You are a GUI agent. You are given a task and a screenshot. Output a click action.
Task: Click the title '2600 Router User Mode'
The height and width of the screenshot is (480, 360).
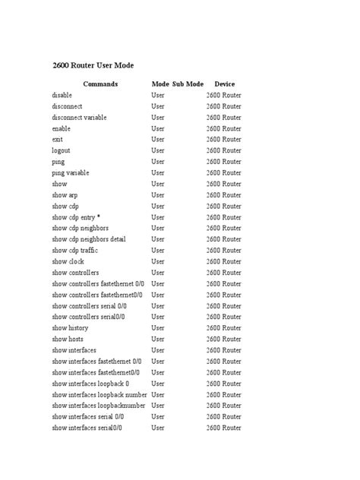coord(93,65)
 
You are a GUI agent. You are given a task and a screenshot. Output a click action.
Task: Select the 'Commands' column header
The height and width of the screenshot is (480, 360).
coord(100,84)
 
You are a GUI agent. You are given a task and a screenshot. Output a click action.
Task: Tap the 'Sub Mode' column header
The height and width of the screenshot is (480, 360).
coord(188,84)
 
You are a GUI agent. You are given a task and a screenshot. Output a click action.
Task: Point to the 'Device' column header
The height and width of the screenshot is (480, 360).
coord(225,84)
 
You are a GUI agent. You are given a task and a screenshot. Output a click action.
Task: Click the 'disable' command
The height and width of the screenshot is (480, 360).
coord(63,96)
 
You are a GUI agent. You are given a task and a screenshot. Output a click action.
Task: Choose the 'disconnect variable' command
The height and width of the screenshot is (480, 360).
coord(80,118)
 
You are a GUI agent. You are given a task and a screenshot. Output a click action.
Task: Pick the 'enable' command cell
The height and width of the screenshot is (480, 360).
coord(62,129)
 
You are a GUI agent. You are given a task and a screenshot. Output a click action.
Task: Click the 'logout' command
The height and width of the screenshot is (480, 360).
coord(62,150)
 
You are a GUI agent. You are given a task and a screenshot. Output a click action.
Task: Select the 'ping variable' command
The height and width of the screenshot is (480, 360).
coord(71,173)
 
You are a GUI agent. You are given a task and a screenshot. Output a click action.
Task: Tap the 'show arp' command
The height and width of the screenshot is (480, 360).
coord(65,195)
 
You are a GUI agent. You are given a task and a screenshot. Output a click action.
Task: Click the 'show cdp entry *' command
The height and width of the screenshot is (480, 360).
coord(76,217)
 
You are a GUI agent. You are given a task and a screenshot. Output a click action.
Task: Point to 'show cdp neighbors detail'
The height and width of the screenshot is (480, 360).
coord(89,239)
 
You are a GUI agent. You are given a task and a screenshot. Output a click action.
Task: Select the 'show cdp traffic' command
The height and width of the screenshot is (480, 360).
coord(75,251)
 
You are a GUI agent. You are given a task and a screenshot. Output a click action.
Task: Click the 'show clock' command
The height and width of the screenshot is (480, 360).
coord(68,261)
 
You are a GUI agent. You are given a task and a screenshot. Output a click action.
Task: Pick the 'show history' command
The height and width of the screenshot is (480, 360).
coord(71,328)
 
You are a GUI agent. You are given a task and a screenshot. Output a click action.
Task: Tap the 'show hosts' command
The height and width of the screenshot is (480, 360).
coord(68,339)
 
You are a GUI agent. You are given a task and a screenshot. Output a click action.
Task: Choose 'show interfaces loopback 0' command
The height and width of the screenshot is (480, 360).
coord(90,384)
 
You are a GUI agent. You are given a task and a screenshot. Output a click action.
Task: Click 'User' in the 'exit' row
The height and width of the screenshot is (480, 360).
coord(158,140)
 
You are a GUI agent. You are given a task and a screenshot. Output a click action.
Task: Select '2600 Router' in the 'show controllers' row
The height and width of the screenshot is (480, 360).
coord(224,273)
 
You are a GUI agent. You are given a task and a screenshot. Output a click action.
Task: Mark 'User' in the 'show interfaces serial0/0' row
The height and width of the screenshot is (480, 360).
coord(158,428)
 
